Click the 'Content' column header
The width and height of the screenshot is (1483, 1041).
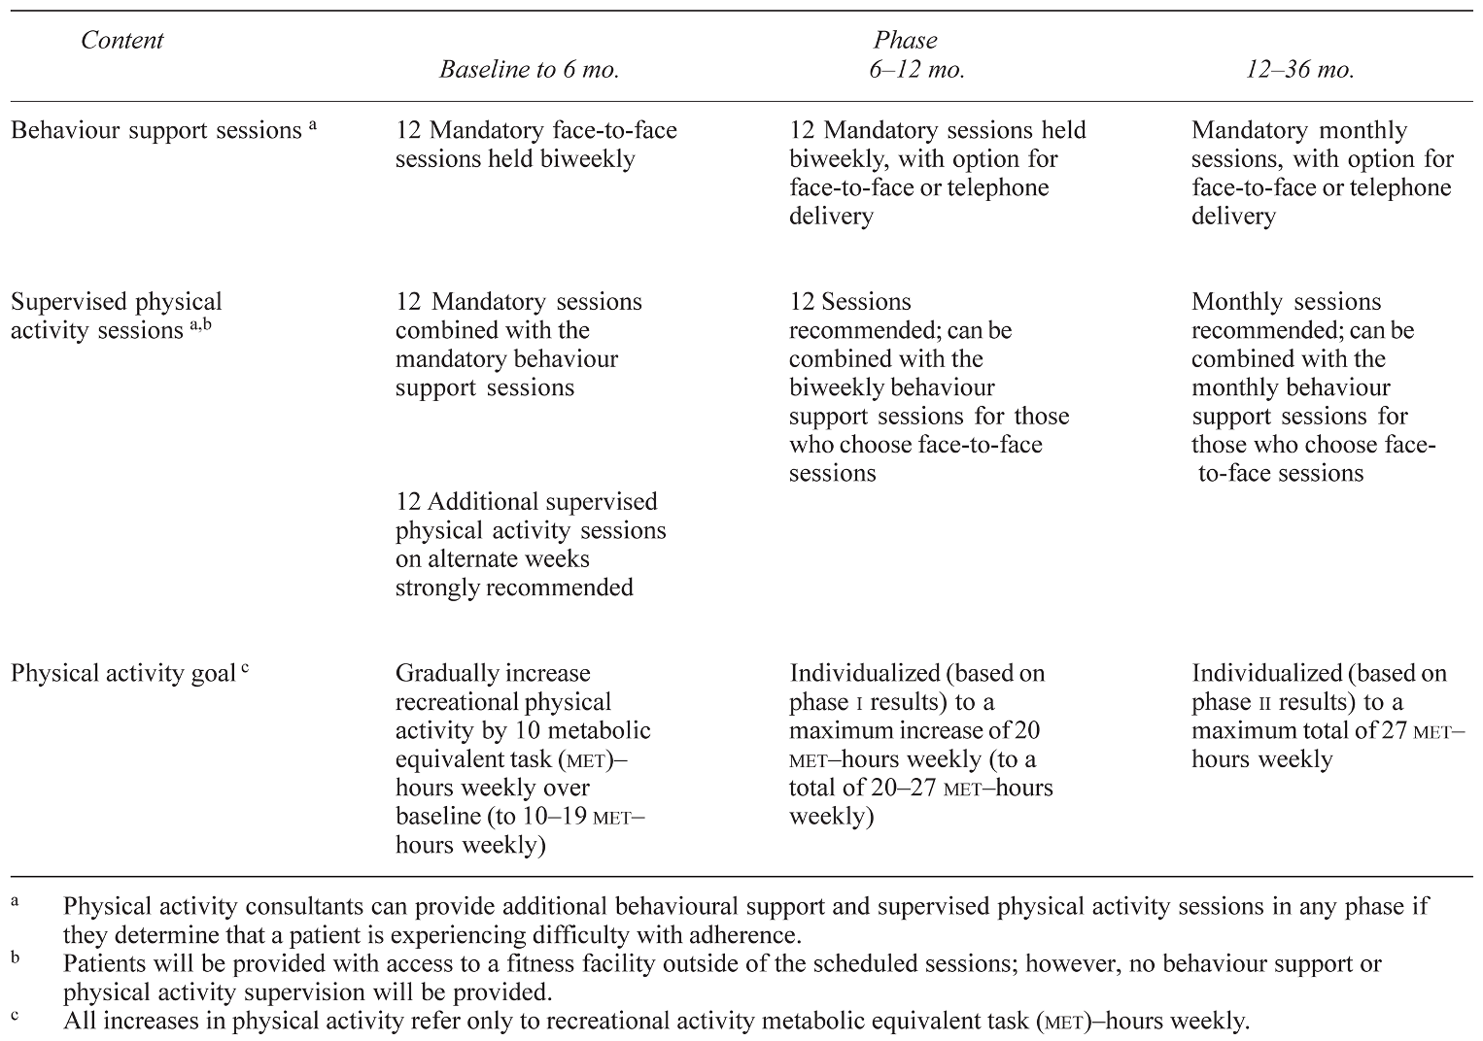pos(121,41)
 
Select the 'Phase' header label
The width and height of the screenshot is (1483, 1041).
pos(905,41)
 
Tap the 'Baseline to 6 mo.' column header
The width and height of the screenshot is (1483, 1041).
pos(529,70)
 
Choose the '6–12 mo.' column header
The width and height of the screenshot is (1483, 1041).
pos(916,70)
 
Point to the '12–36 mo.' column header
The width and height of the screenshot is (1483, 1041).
pos(1299,70)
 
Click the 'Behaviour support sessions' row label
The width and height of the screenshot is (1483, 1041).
pos(155,131)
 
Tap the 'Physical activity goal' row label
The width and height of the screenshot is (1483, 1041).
pos(123,674)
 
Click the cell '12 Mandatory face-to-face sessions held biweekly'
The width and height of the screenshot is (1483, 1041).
pos(535,145)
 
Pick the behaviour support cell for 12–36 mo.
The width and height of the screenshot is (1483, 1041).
pos(1322,173)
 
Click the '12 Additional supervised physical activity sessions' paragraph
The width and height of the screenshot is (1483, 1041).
pos(531,545)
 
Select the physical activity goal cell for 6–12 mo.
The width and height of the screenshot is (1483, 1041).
pos(921,745)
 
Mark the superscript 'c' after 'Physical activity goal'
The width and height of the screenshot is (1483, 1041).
pos(245,668)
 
